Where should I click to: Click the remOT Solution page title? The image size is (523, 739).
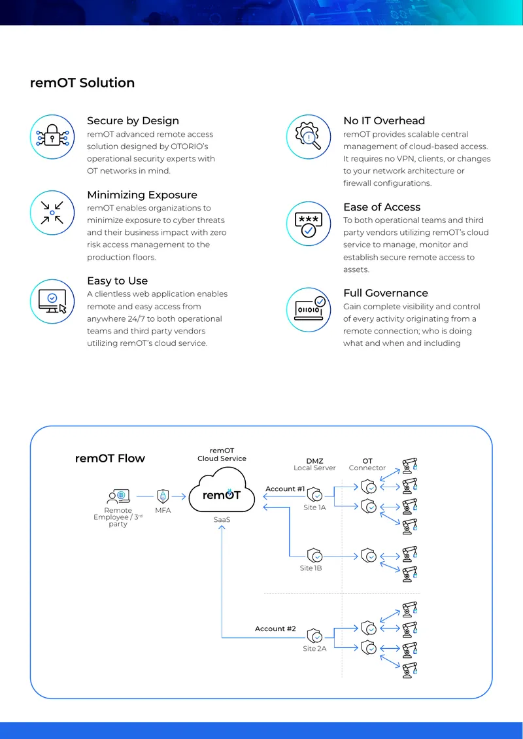(x=82, y=83)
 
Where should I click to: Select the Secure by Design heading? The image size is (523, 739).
(x=133, y=120)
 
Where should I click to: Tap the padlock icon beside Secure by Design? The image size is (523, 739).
(x=52, y=137)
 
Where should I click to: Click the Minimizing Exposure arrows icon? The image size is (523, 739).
(x=52, y=213)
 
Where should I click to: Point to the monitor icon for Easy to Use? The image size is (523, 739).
(x=53, y=301)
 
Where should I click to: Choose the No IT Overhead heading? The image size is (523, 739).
(x=384, y=120)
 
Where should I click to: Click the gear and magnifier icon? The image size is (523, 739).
(x=308, y=136)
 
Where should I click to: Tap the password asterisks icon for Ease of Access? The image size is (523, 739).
(x=309, y=224)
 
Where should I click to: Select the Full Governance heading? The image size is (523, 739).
(x=386, y=293)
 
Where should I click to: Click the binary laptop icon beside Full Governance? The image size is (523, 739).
(x=309, y=309)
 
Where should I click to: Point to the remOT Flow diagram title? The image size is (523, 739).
(x=110, y=458)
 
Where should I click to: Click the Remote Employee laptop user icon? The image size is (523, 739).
(x=118, y=496)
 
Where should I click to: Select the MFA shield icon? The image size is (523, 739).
(x=163, y=496)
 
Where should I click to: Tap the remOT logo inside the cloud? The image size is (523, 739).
(x=222, y=495)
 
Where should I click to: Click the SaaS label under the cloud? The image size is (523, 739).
(x=222, y=519)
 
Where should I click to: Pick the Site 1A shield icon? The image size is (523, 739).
(x=314, y=495)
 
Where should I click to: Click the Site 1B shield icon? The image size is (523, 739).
(x=314, y=556)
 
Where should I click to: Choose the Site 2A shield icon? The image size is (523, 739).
(x=314, y=636)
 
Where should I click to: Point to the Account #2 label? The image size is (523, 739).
(x=276, y=628)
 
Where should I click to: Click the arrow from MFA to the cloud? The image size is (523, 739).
(x=179, y=496)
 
